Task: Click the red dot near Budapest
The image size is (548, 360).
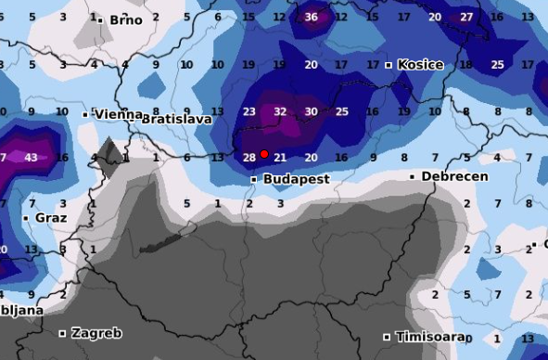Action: tap(264, 154)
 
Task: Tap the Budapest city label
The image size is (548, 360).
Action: tap(297, 178)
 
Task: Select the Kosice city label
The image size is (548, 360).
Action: tap(420, 65)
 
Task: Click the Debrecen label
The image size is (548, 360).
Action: tap(454, 175)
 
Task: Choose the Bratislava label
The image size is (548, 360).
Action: tap(176, 119)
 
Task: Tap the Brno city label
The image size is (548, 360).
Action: tap(126, 19)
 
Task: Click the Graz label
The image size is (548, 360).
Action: tap(51, 218)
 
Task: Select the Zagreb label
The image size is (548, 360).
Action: tap(96, 332)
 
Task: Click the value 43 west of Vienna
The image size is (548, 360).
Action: tap(31, 158)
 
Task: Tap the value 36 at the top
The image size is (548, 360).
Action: tap(312, 17)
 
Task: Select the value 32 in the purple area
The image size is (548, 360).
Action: tap(280, 111)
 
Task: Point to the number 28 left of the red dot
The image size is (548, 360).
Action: tap(249, 158)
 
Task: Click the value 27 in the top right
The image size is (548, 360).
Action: tap(466, 17)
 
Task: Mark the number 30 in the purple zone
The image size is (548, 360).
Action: tap(312, 111)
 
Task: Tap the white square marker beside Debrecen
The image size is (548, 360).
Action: tap(413, 176)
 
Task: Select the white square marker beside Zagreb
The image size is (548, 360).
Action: tap(63, 333)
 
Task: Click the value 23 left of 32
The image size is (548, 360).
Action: tap(249, 111)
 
